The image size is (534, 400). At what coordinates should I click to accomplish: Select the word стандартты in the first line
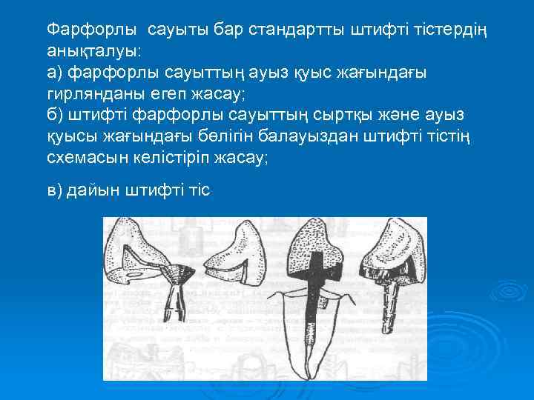[286, 30]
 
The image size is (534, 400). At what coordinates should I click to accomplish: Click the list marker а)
[55, 73]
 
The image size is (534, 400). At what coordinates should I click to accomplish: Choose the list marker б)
[55, 116]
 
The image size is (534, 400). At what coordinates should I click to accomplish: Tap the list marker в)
[54, 190]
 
